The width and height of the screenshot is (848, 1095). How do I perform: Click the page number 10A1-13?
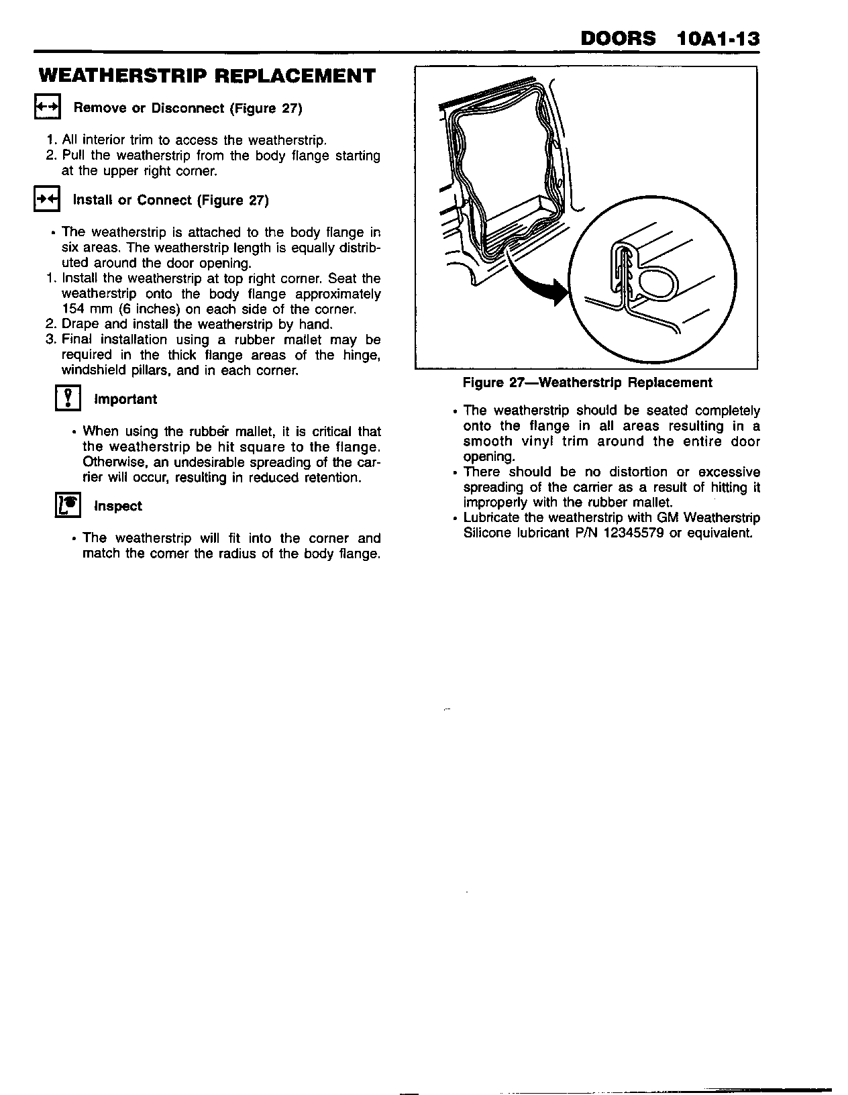pos(719,38)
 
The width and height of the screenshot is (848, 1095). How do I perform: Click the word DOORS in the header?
pos(618,38)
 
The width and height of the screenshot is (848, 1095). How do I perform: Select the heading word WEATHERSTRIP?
pos(122,76)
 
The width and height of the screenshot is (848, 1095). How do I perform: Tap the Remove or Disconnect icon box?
pos(47,107)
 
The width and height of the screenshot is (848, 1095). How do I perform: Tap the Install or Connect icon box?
pos(47,199)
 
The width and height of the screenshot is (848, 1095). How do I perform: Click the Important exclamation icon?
pos(67,399)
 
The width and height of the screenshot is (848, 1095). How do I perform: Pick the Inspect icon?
pos(67,505)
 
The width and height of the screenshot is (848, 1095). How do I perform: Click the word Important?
pos(125,399)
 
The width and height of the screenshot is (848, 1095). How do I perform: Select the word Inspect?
pos(118,506)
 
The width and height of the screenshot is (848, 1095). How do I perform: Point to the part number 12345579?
pos(623,533)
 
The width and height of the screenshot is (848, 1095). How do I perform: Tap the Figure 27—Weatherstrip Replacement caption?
pos(587,382)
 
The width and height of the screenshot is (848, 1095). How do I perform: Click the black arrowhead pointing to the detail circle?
pos(557,293)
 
